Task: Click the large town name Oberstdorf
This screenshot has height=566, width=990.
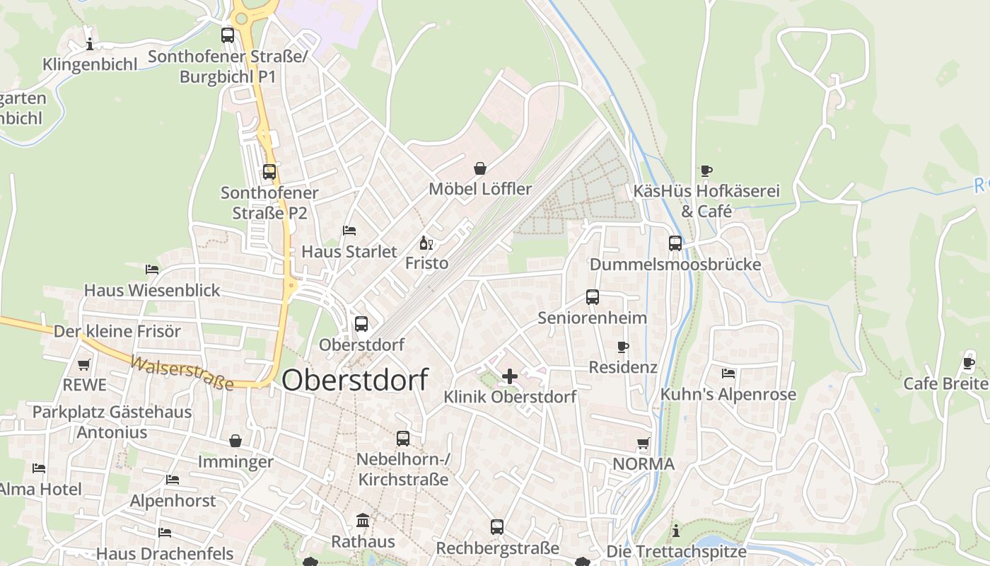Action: click(355, 380)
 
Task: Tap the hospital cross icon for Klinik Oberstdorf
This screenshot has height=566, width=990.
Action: click(509, 376)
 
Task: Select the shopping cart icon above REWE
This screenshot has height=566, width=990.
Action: click(84, 365)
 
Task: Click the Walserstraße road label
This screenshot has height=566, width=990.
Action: click(181, 372)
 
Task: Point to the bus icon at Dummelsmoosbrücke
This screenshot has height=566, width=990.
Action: click(675, 243)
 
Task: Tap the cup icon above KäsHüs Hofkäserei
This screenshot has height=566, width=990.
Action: click(706, 171)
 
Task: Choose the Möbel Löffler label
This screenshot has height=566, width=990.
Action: click(480, 189)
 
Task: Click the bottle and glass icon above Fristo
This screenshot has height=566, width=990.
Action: click(426, 243)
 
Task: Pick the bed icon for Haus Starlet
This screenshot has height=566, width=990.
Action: click(349, 231)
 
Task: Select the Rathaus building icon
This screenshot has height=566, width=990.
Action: click(363, 521)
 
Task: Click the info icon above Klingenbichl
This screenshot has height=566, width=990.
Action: click(90, 45)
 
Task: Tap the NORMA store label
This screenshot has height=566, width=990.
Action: click(643, 464)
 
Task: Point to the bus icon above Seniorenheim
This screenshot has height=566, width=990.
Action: click(593, 297)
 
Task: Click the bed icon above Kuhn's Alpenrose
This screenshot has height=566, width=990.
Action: click(728, 374)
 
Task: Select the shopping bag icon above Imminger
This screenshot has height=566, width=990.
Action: click(235, 441)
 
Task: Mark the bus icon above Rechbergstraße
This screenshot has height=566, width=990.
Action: click(497, 527)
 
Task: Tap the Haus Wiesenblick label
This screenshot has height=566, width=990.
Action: click(152, 290)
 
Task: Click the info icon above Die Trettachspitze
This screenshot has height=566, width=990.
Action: click(676, 531)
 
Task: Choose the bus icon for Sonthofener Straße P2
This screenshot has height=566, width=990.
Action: click(269, 171)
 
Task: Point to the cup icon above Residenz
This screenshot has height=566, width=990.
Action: click(623, 347)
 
